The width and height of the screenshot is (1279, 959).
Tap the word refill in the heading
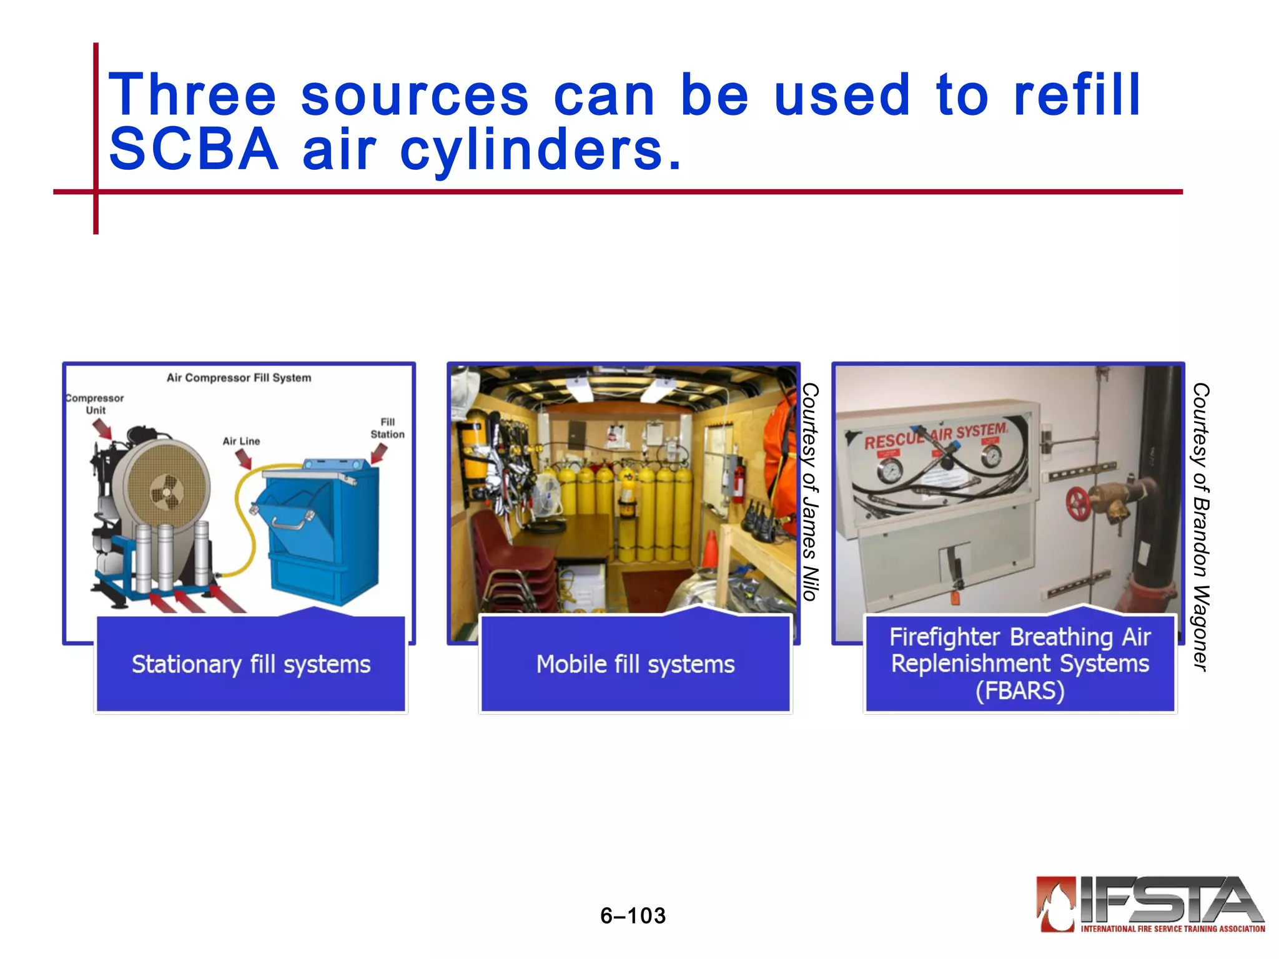pos(1077,95)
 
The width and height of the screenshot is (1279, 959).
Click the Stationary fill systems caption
pos(251,664)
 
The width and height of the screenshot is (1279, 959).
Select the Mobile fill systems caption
pos(635,664)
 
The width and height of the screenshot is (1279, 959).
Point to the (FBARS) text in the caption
pos(1020,691)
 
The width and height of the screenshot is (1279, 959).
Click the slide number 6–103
pos(633,916)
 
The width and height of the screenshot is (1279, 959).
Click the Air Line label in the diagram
pos(241,441)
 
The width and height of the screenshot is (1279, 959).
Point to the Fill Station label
pos(387,428)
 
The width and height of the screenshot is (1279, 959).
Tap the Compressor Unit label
pos(95,404)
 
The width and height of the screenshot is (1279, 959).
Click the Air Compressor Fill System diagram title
pos(239,378)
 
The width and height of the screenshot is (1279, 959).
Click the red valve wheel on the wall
pos(1079,503)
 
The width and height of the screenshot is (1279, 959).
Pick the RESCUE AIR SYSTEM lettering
pos(935,435)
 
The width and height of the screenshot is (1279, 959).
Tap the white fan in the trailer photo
pos(548,495)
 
